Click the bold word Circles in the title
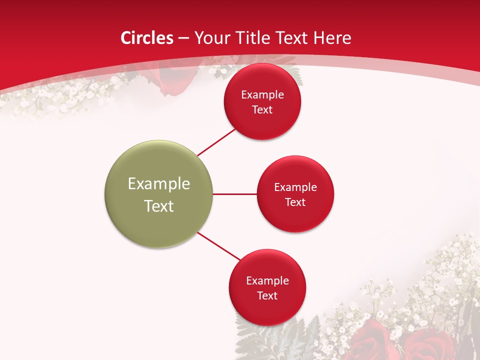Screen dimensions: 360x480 coord(146,38)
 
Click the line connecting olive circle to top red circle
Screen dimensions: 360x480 coord(216,142)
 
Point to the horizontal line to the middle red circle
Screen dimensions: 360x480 coord(235,194)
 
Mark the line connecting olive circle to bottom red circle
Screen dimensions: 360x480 coord(218,245)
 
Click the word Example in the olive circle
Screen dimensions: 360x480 coord(159,184)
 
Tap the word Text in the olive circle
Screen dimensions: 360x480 coord(159,206)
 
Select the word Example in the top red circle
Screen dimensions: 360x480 coord(262,95)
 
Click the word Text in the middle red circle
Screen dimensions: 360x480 coord(295,202)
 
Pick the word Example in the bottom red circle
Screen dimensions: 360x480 coord(267,281)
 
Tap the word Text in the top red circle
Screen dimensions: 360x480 coord(262,110)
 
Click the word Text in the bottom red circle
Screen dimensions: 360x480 coord(267,296)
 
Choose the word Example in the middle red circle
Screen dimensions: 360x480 coord(295,187)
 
